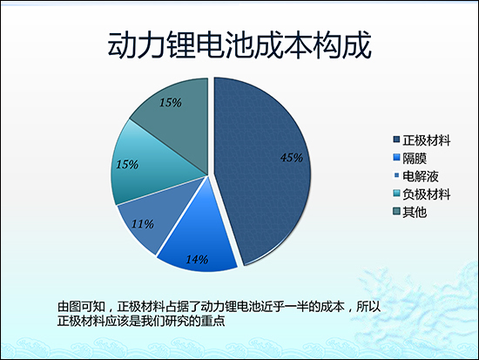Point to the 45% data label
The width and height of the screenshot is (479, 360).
(292, 158)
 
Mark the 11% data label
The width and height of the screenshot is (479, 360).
(144, 224)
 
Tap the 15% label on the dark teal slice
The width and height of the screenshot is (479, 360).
(170, 103)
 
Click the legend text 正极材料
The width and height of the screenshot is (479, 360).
(426, 140)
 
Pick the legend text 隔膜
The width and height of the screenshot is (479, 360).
(414, 158)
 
